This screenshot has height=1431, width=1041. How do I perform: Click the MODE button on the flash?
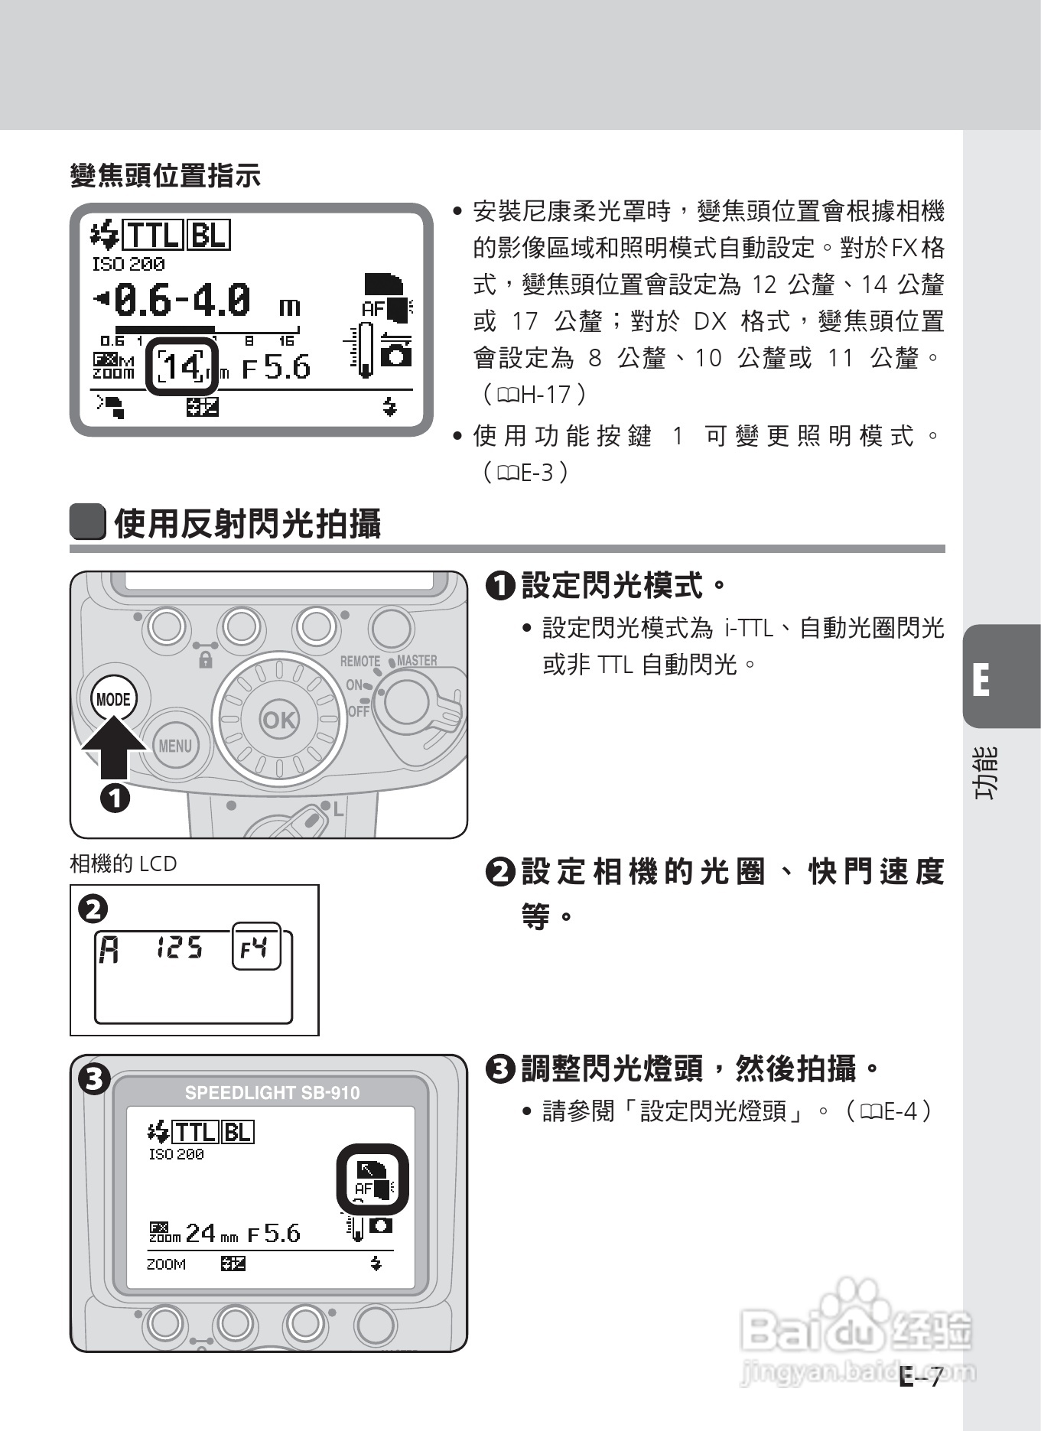(x=113, y=698)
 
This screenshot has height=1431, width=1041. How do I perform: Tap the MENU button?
(x=174, y=745)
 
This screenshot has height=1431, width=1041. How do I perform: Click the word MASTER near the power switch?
(x=417, y=660)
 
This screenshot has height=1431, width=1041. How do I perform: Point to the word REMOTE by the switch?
(x=359, y=661)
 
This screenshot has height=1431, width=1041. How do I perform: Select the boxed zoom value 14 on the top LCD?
(x=182, y=367)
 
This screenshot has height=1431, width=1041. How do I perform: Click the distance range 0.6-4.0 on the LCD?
(x=182, y=300)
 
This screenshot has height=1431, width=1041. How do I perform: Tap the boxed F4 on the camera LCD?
(x=255, y=948)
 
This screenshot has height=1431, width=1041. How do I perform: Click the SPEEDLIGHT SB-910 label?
(x=272, y=1092)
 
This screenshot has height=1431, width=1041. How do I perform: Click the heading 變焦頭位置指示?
(x=165, y=176)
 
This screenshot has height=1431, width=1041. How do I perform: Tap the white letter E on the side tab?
(x=981, y=679)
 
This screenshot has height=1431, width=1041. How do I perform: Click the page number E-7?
(x=921, y=1377)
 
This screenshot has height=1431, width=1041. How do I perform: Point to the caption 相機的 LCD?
(x=123, y=863)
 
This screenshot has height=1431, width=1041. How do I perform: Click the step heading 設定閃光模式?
(x=611, y=587)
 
